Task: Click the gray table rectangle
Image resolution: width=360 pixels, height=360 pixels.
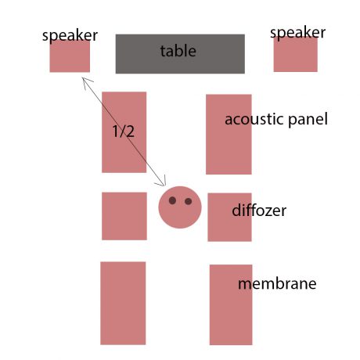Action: (180, 54)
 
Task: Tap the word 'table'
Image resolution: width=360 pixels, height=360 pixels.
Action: (178, 51)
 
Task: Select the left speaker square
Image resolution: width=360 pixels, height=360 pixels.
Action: (70, 56)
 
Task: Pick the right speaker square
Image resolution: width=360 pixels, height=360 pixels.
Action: (296, 54)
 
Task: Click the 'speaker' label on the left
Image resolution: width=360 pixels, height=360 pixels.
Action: (70, 36)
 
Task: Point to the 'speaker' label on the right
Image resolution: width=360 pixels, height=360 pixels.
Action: (297, 33)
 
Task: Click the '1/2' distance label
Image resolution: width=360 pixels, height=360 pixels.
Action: (124, 131)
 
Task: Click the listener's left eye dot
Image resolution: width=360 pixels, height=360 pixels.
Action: (172, 200)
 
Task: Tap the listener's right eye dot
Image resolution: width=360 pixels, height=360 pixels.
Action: (188, 201)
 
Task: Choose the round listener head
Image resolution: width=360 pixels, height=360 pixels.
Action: (180, 207)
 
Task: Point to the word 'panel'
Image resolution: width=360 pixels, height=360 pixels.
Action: (308, 120)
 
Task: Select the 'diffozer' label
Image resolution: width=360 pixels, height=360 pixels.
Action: (259, 211)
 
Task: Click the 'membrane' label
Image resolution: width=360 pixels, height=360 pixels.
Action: (277, 283)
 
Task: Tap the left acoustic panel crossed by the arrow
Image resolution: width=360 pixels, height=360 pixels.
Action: (124, 132)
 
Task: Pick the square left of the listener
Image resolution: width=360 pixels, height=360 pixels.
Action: (124, 216)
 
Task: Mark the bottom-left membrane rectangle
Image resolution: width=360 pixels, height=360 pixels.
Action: (123, 303)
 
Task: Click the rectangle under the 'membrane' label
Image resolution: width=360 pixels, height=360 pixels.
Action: (231, 304)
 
